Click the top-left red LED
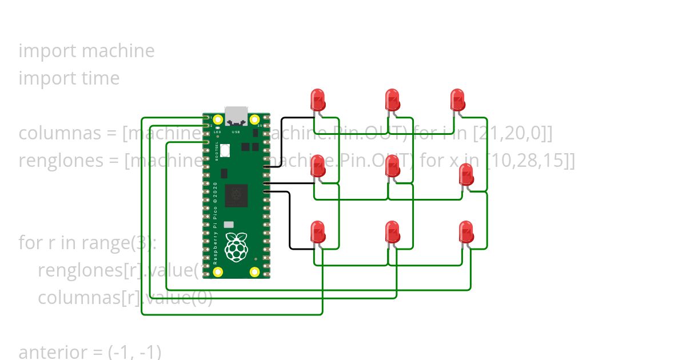click(x=317, y=100)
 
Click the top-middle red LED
click(x=392, y=100)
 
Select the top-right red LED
click(x=457, y=100)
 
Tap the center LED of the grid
click(x=392, y=166)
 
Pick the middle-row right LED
click(x=466, y=175)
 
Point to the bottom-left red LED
click(x=317, y=232)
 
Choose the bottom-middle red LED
click(x=392, y=232)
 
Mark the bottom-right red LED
click(x=466, y=232)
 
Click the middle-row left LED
click(x=317, y=166)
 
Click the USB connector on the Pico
click(x=236, y=115)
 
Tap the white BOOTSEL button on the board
click(x=225, y=150)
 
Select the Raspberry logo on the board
click(x=236, y=247)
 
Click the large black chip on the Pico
click(x=236, y=196)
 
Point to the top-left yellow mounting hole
click(x=217, y=121)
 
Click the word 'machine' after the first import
click(x=118, y=51)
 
